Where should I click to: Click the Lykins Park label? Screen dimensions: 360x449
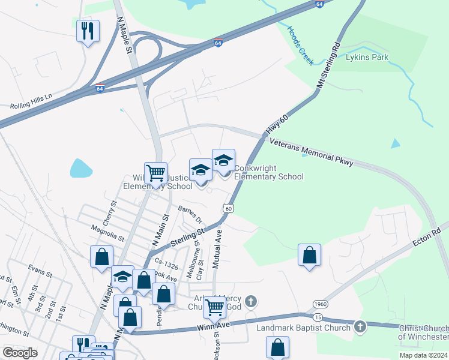(x=367, y=58)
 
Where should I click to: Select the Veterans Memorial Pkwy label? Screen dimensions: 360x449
(x=312, y=152)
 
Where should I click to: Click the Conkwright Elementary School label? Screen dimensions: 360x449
(x=268, y=173)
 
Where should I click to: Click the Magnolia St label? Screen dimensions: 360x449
(x=107, y=229)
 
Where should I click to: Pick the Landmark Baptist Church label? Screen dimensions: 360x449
(x=303, y=328)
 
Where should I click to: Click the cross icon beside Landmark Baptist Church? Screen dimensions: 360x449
(x=360, y=326)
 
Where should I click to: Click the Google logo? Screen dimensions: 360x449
(x=20, y=353)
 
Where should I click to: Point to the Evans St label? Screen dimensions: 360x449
(x=40, y=271)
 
